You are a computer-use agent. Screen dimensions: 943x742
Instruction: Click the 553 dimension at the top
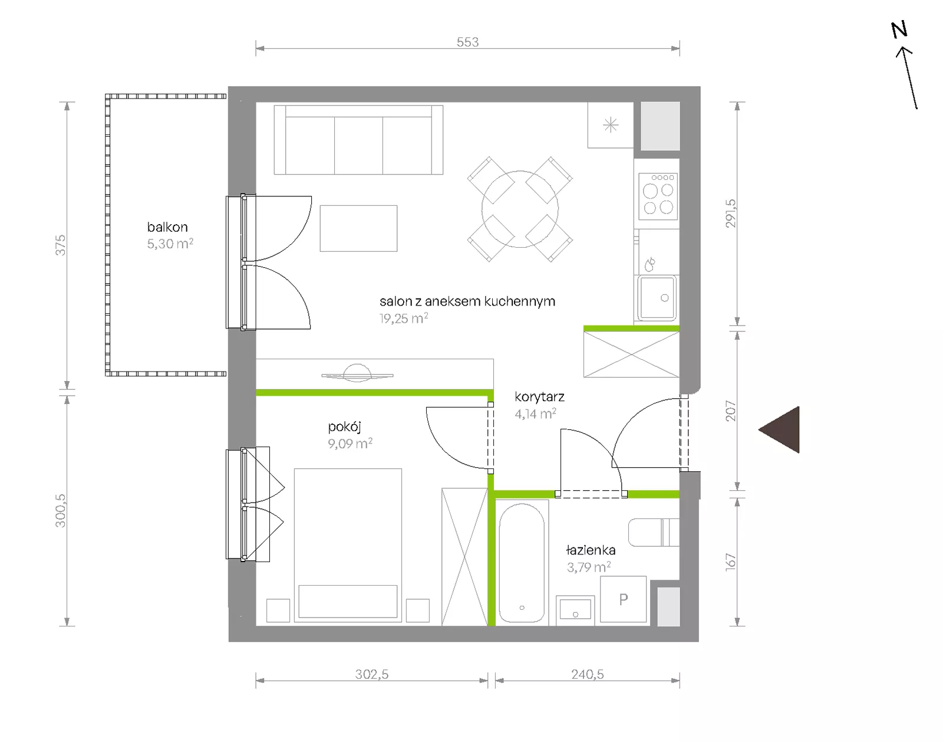(467, 42)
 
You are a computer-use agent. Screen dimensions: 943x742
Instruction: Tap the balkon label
(167, 227)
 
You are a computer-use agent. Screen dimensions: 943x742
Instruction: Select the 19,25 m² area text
(404, 319)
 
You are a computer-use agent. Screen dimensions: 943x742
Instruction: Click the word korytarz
(539, 398)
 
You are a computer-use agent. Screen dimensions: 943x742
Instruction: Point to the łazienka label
(591, 550)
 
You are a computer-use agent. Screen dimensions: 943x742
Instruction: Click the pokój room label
(344, 426)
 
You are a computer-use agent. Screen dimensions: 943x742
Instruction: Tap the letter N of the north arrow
(899, 30)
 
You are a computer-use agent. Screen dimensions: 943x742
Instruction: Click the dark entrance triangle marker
(779, 430)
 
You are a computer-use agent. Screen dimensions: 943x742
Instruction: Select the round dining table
(520, 209)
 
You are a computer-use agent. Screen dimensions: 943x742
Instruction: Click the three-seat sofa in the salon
(358, 140)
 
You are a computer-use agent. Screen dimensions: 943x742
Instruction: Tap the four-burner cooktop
(658, 196)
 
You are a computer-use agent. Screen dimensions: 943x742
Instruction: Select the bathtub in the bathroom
(522, 563)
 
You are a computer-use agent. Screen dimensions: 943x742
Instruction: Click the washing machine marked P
(623, 599)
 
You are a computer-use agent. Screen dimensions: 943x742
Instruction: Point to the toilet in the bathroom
(654, 533)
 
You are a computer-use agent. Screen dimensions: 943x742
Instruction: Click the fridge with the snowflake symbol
(611, 125)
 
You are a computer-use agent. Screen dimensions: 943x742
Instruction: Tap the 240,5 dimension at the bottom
(587, 674)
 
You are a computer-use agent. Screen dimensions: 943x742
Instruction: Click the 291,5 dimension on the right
(731, 214)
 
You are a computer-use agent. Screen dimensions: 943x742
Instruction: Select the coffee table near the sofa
(358, 228)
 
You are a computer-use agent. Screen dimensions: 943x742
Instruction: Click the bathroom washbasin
(575, 610)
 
